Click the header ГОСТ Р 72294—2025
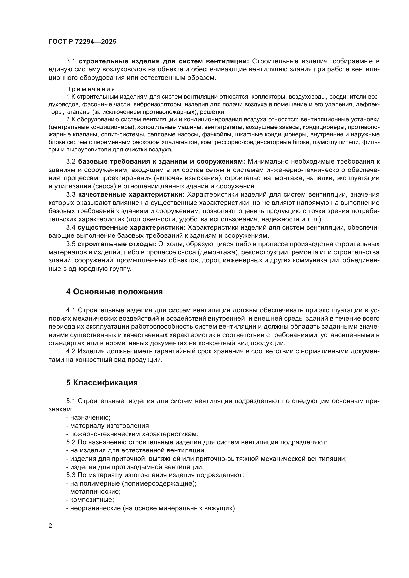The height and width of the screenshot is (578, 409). click(82, 42)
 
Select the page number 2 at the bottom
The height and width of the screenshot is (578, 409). click(50, 526)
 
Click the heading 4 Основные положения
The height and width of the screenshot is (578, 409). click(114, 292)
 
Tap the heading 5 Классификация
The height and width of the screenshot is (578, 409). click(102, 383)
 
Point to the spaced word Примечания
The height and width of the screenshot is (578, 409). click(91, 89)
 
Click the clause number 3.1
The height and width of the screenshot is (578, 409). click(71, 61)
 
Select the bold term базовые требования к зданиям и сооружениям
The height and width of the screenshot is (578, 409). click(161, 161)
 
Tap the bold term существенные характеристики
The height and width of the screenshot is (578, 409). click(132, 228)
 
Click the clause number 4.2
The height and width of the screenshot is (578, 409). click(71, 351)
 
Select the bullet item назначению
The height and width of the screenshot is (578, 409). click(90, 417)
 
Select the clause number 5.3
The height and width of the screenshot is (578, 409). click(71, 475)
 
